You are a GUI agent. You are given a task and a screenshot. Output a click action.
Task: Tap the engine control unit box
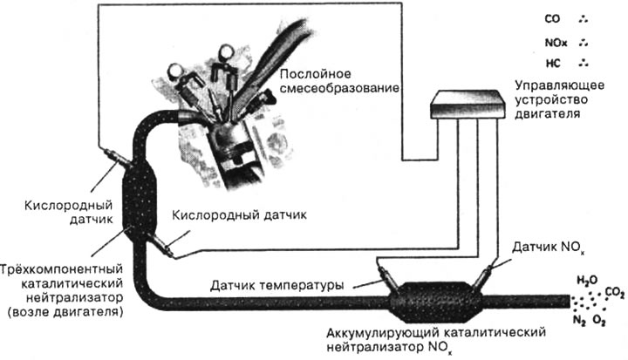click(468, 106)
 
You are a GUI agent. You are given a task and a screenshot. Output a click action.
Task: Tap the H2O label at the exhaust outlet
click(585, 280)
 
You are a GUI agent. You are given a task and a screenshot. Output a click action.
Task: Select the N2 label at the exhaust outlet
click(580, 319)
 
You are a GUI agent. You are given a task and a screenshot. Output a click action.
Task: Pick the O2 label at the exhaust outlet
click(602, 319)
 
